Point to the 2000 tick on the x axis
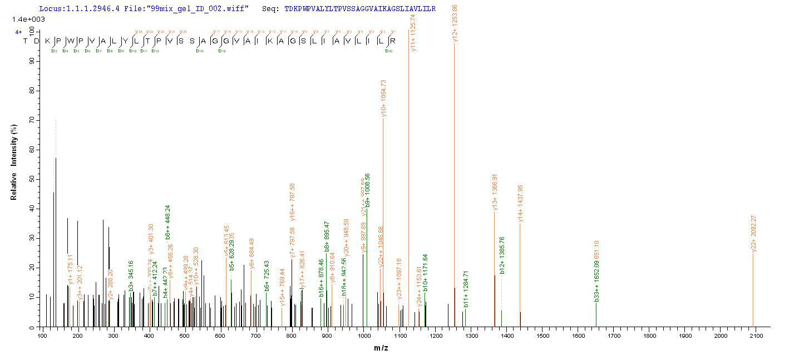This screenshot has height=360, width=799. (720, 336)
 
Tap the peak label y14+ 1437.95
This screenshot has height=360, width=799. (520, 204)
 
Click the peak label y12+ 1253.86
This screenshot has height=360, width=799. (455, 23)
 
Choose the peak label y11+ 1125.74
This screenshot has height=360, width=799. (412, 32)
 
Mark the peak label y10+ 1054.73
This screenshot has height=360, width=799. (383, 98)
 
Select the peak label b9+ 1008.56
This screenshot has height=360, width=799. (367, 191)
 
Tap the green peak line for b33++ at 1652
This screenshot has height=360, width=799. (596, 314)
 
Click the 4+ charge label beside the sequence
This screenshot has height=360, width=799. (18, 32)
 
